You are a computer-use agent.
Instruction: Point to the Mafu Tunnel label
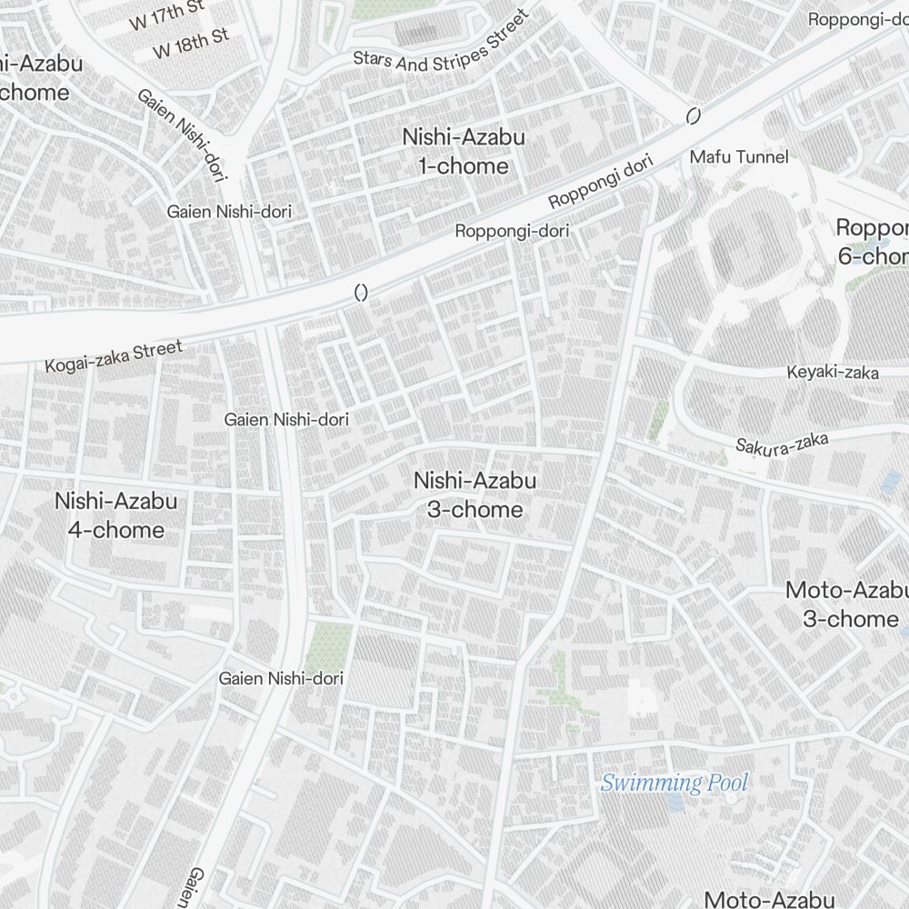(739, 157)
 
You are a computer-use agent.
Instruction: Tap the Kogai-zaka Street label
(114, 355)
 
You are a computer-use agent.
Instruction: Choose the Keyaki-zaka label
(833, 373)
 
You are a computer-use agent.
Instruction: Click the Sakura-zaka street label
(782, 444)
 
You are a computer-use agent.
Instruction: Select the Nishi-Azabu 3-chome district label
(474, 494)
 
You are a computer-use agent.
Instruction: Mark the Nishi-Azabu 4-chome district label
(115, 514)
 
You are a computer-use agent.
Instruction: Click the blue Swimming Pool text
(674, 782)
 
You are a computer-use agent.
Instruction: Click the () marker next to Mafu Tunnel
(694, 115)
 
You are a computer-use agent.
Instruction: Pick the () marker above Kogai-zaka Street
(360, 293)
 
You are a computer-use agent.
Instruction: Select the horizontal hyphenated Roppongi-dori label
(512, 231)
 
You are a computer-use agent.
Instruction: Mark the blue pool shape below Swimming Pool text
(674, 803)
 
